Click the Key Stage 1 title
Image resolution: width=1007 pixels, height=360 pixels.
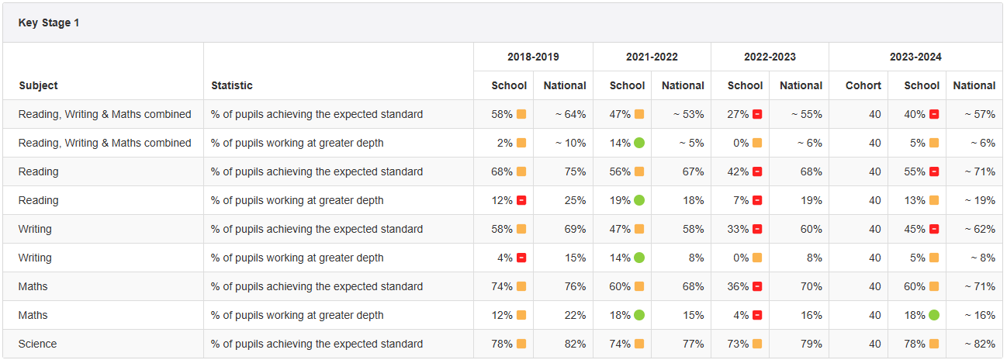click(49, 23)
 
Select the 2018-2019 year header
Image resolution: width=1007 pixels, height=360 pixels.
click(533, 57)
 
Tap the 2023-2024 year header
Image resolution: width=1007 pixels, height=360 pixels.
click(915, 57)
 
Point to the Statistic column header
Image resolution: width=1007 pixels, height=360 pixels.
click(232, 85)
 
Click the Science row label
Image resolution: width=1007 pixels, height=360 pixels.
click(38, 344)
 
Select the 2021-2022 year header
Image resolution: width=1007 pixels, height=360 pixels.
click(652, 57)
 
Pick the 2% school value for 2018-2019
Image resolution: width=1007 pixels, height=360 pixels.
click(502, 143)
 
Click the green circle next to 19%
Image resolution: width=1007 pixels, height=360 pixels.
click(639, 200)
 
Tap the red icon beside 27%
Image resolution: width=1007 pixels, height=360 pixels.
click(757, 114)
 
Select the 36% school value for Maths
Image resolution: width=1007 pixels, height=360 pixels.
click(738, 286)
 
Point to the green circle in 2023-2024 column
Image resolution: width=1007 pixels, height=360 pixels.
click(934, 315)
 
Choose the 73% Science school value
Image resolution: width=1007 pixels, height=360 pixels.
click(738, 344)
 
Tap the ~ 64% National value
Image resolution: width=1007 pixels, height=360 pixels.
click(570, 114)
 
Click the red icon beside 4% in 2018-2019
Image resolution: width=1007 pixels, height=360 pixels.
click(521, 258)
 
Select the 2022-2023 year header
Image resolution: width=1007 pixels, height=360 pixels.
click(770, 57)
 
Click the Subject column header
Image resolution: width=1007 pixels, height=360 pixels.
click(39, 85)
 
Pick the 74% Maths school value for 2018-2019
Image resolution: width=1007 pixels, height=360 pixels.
click(502, 286)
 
